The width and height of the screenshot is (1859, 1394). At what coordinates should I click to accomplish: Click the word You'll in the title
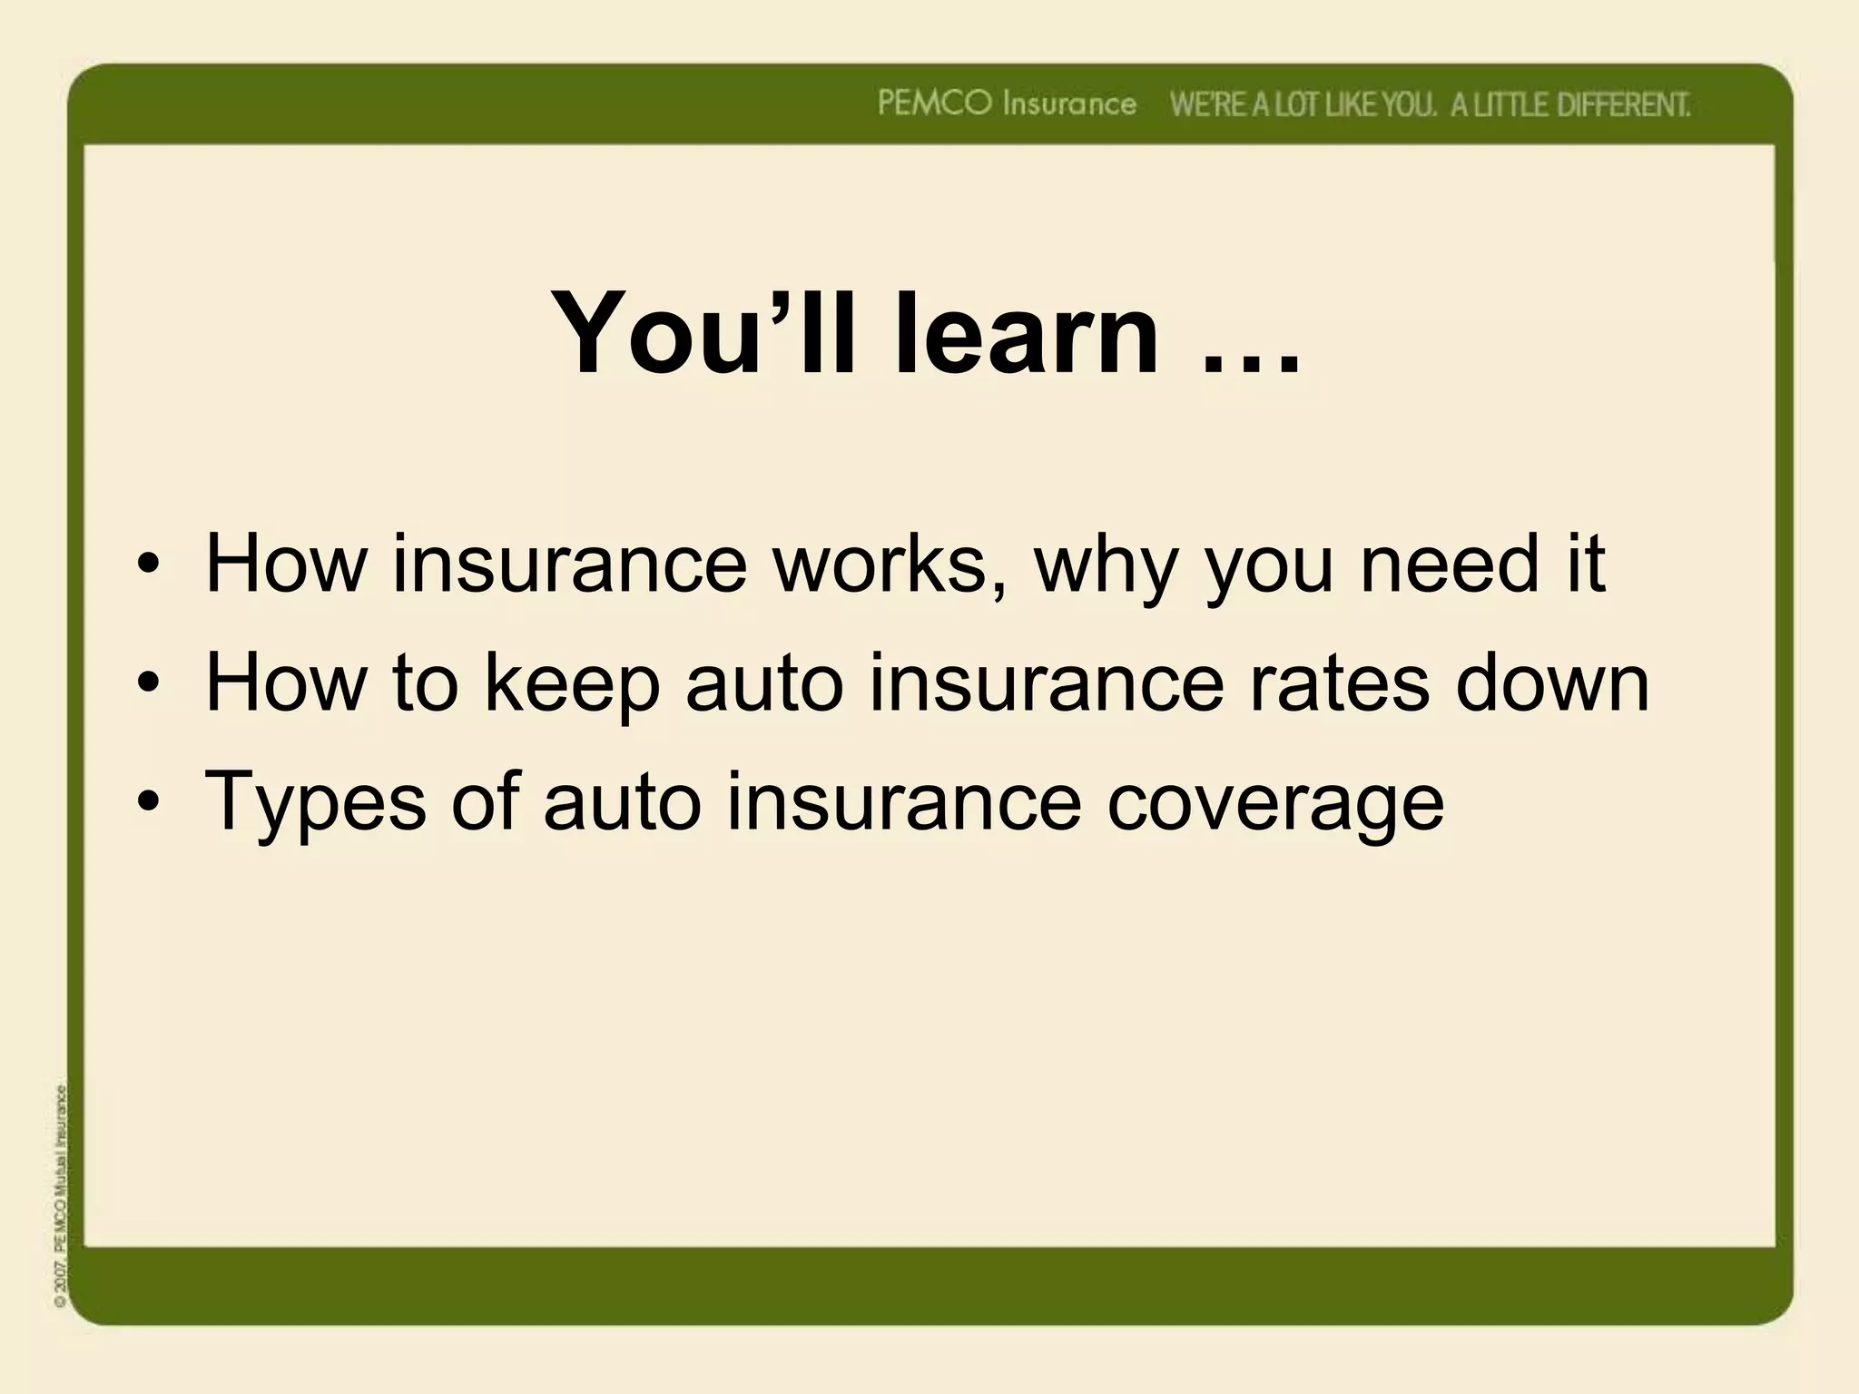[x=703, y=333]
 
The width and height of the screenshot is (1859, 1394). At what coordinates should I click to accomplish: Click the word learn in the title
[x=1026, y=333]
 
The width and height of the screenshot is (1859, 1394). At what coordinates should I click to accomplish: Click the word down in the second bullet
[x=1552, y=683]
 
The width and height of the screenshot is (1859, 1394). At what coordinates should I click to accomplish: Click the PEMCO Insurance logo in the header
[x=1007, y=104]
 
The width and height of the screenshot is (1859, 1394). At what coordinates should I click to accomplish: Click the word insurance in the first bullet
[x=569, y=564]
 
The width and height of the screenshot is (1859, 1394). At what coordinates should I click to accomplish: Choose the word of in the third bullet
[x=485, y=801]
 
